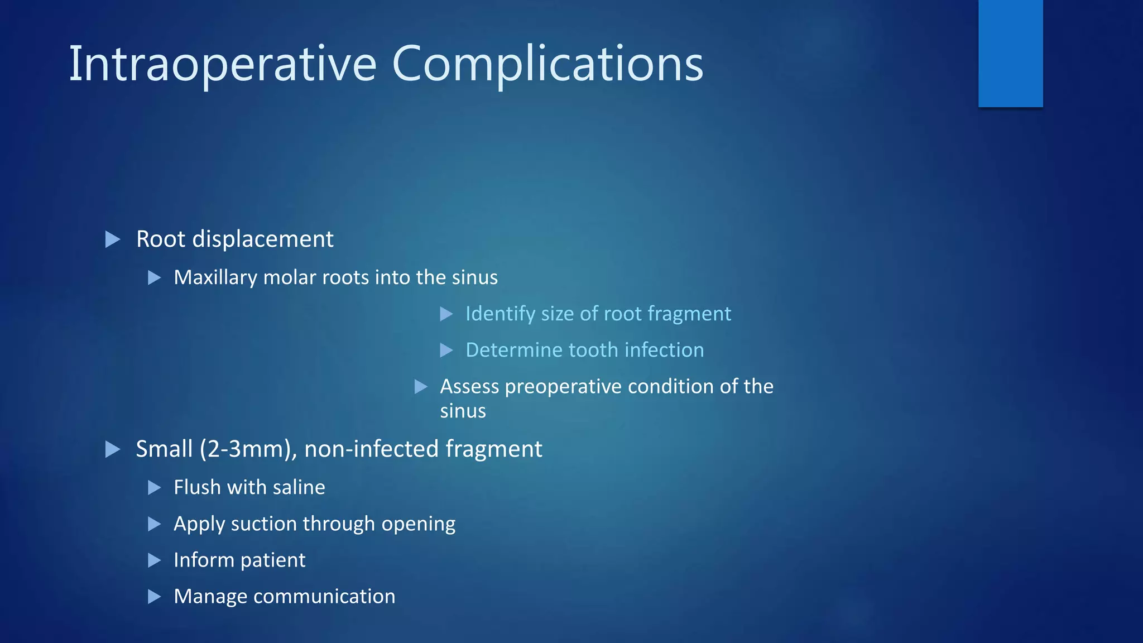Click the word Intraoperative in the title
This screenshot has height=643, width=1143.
tap(222, 65)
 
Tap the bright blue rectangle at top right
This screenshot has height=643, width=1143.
tap(1010, 53)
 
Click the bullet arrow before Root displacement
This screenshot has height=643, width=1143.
tap(113, 240)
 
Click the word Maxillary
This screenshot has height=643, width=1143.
tap(215, 277)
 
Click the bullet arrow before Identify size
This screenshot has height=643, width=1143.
tap(446, 314)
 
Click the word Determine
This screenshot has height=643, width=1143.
tap(514, 350)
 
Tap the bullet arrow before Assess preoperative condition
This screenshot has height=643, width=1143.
tap(421, 387)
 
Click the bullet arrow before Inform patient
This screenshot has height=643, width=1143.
tap(154, 560)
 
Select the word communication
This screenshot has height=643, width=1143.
tap(324, 596)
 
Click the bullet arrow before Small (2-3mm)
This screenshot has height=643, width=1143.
tap(113, 449)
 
